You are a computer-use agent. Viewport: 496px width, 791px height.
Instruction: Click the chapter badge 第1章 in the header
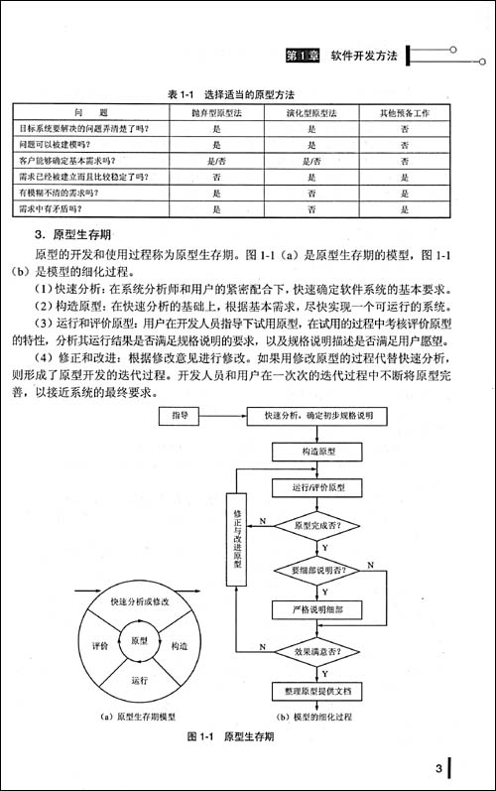pyautogui.click(x=301, y=56)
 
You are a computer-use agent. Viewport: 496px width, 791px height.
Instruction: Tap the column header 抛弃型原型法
pyautogui.click(x=215, y=114)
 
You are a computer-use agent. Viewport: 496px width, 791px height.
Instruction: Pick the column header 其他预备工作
pyautogui.click(x=405, y=114)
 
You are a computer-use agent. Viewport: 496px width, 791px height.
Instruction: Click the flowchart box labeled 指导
pyautogui.click(x=181, y=414)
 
